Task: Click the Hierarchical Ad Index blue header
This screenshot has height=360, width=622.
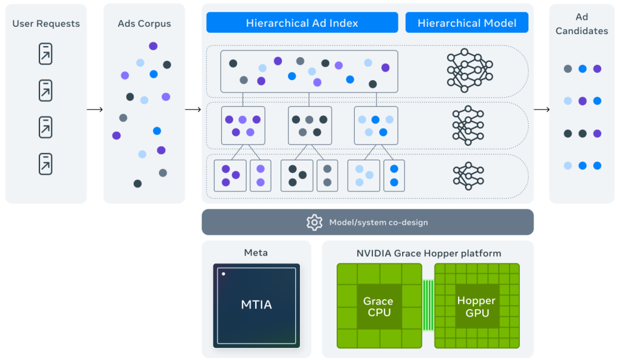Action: point(302,23)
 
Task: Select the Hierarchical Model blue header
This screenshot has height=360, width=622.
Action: point(466,23)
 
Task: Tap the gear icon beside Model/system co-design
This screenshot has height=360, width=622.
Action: point(314,222)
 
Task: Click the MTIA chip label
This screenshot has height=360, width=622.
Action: point(256,305)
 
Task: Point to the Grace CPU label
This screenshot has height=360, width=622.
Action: point(378,307)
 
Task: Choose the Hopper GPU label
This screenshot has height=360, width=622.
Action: point(476,307)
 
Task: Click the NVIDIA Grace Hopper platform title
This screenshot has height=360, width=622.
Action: point(428,253)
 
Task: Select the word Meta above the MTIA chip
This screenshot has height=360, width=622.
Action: point(256,253)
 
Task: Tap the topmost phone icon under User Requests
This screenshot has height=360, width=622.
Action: point(46,54)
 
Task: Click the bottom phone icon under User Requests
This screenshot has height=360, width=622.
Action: point(46,164)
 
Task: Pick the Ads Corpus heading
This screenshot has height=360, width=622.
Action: point(144,24)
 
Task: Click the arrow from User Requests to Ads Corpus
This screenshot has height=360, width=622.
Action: point(95,109)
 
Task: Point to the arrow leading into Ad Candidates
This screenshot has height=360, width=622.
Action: point(541,109)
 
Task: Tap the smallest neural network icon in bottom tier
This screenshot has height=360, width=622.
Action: point(468,176)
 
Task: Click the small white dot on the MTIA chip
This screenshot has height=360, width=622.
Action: point(224,274)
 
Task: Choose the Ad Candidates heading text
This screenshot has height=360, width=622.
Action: point(581,24)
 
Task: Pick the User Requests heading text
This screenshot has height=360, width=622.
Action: point(46,24)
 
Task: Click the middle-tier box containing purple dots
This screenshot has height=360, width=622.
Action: point(243,125)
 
